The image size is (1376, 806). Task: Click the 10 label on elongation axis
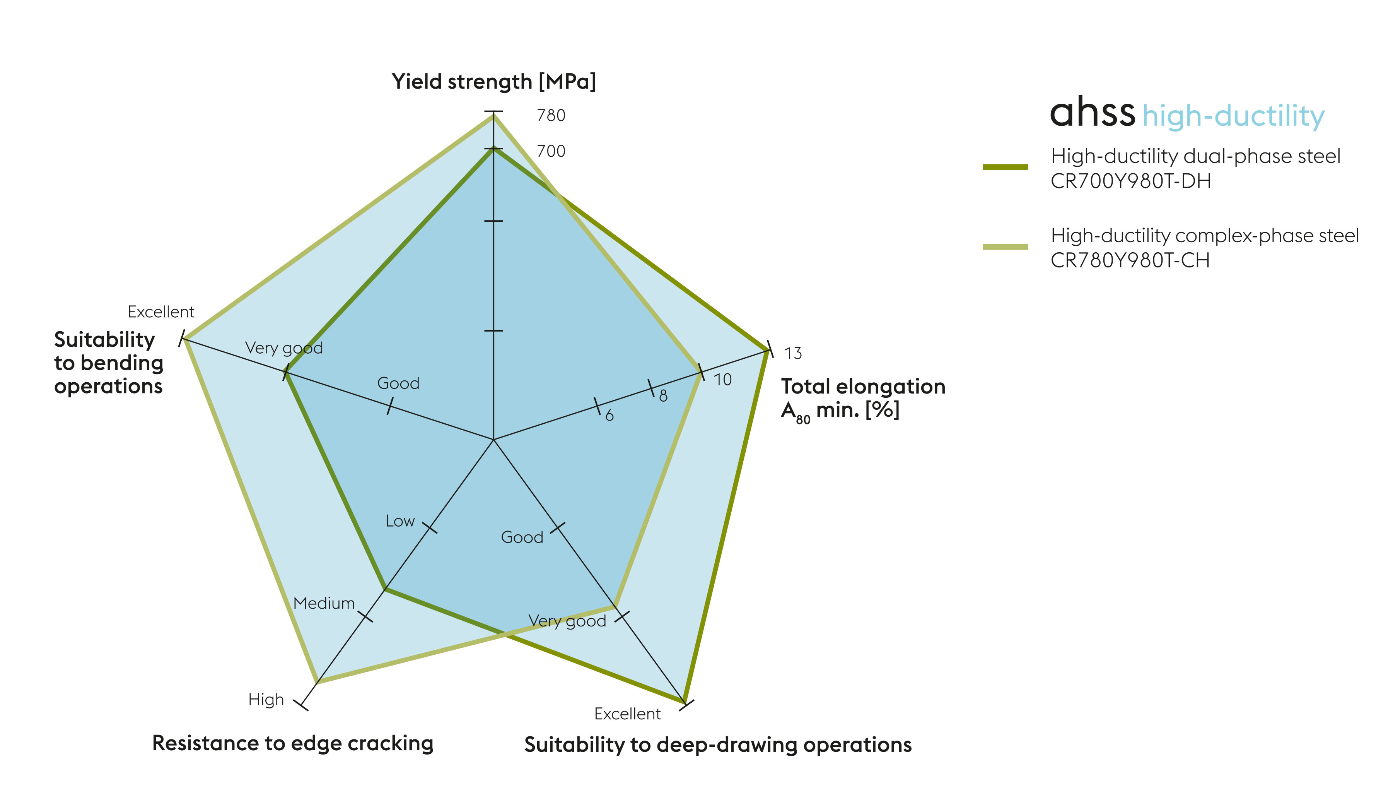(x=722, y=380)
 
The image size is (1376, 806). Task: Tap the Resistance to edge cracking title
(x=293, y=744)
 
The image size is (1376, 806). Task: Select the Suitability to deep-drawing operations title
(x=717, y=745)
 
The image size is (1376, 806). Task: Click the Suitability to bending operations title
(x=108, y=363)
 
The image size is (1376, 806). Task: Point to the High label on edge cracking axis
(x=266, y=700)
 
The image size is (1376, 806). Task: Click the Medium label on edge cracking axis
(x=324, y=604)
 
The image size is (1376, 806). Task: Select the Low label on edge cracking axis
(x=400, y=521)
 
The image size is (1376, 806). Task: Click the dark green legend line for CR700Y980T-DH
(x=1005, y=167)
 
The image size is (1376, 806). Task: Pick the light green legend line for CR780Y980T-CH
(x=1005, y=247)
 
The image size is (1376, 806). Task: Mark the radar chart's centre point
(x=493, y=439)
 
